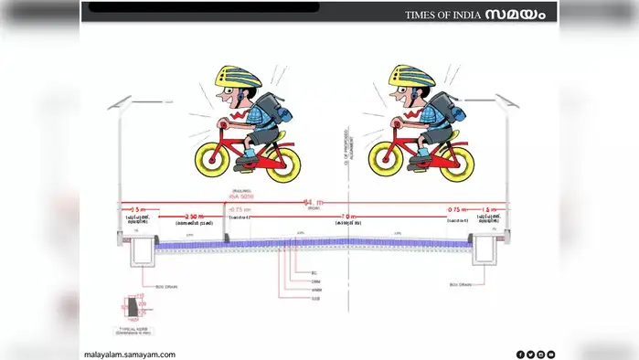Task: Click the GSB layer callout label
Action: (315, 298)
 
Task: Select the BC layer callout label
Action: (313, 273)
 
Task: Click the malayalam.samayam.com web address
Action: (129, 354)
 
